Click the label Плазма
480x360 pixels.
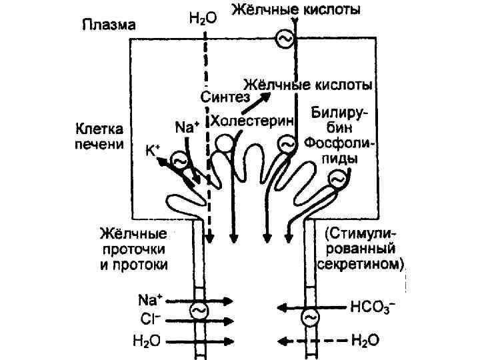tap(109, 26)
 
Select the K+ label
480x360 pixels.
tap(153, 150)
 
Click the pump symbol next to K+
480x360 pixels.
tap(179, 160)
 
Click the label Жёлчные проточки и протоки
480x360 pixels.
tap(133, 249)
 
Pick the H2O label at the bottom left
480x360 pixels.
tap(146, 341)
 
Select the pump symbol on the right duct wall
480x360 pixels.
tap(309, 318)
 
